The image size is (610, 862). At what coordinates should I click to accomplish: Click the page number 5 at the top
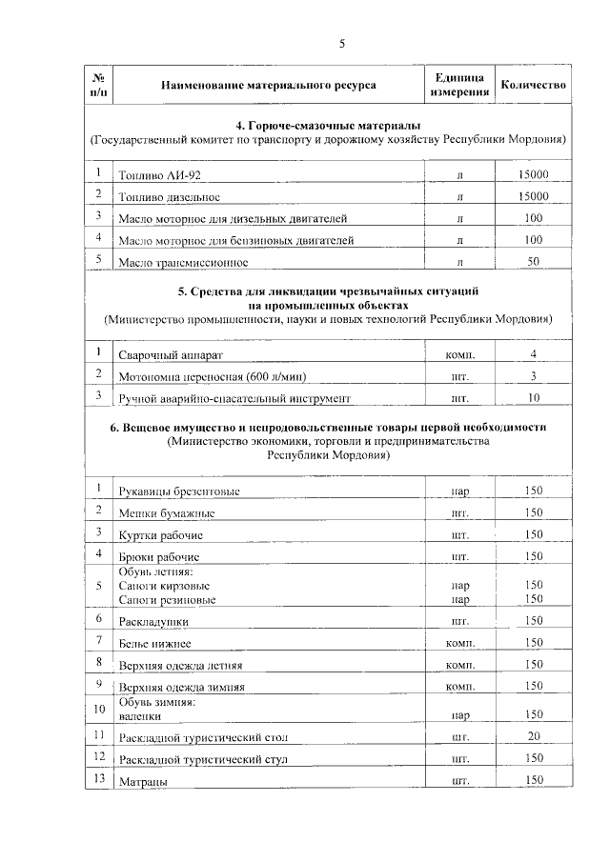point(341,44)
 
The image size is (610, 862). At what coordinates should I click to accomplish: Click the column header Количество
point(534,85)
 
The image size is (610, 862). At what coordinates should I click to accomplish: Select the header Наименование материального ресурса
point(269,86)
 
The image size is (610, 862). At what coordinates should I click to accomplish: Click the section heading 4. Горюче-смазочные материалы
point(328,126)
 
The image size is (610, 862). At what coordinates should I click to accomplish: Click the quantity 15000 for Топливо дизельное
point(533,196)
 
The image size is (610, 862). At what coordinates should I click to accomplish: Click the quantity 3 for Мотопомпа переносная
point(533,376)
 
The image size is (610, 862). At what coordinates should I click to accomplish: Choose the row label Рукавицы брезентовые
point(179,491)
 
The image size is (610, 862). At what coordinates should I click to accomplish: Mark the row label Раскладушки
point(153,621)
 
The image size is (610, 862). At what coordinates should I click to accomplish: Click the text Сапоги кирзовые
point(165,585)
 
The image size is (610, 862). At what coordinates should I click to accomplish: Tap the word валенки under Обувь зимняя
point(140,714)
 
